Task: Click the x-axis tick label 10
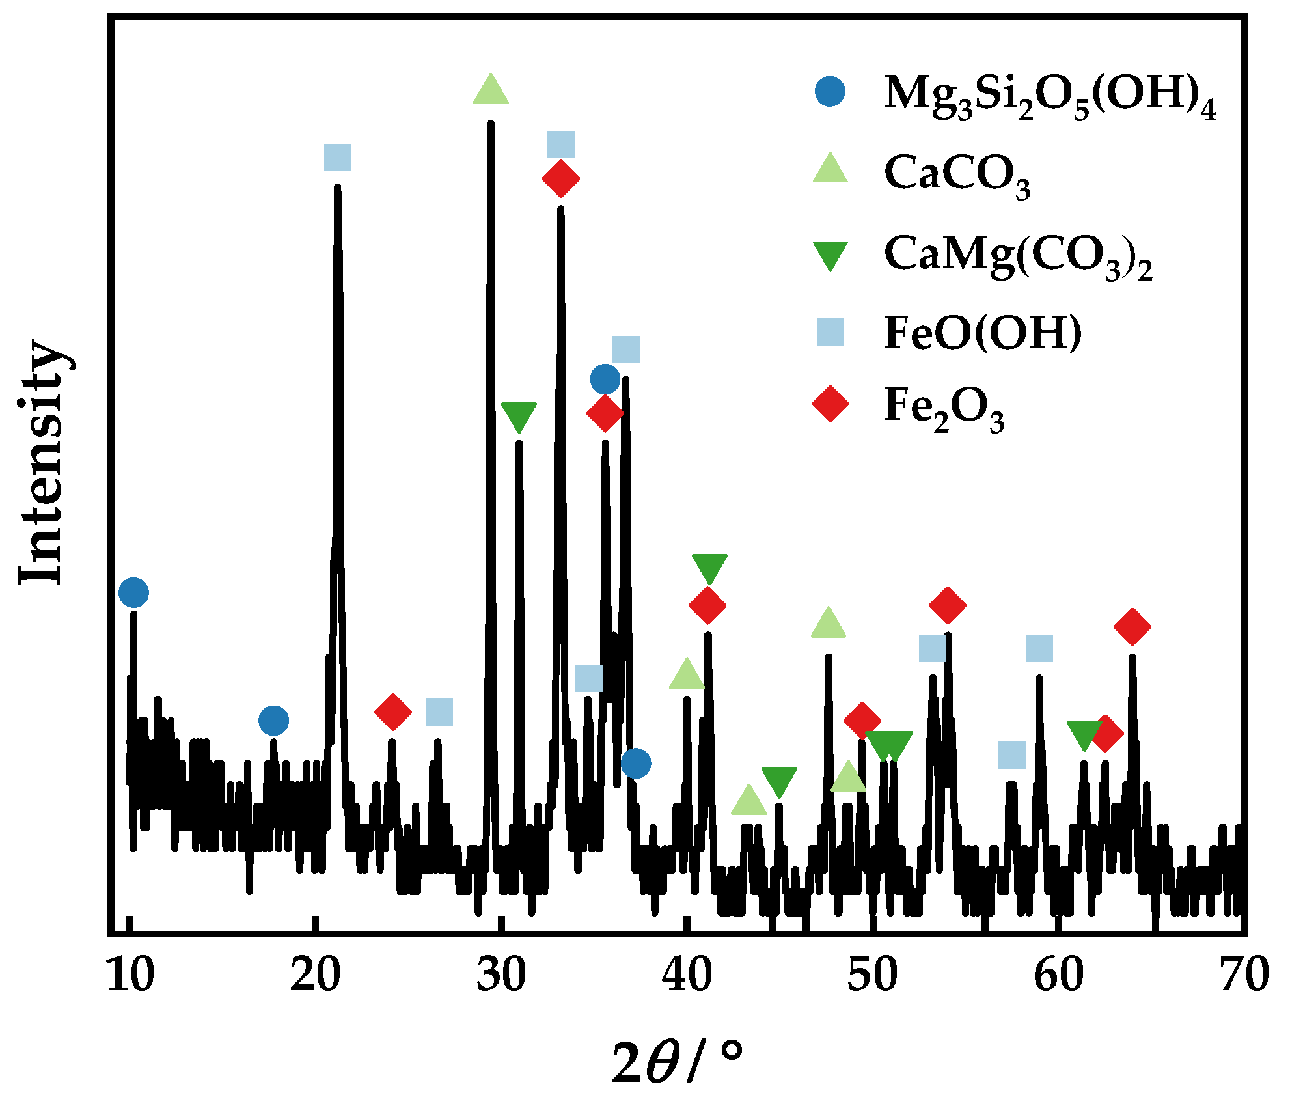point(130,975)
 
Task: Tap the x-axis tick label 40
point(687,975)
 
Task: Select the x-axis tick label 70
point(1244,975)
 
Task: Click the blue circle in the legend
point(830,92)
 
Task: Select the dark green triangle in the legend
point(830,255)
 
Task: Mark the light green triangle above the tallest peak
point(491,90)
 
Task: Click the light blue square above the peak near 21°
point(338,158)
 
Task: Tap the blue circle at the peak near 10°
point(133,592)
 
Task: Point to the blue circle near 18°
point(273,720)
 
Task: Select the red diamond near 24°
point(393,712)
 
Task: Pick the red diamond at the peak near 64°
point(1132,626)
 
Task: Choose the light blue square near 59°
point(1039,648)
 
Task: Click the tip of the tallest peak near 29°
point(491,122)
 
